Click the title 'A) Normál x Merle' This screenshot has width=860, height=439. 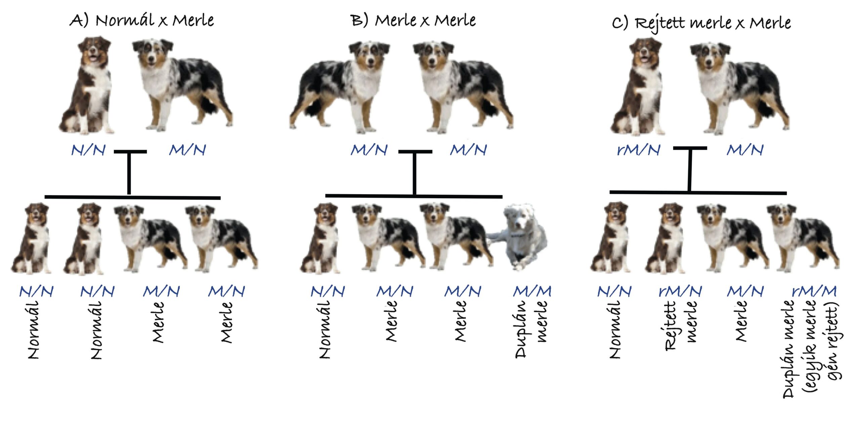click(141, 20)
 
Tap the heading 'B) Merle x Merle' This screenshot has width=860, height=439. click(413, 20)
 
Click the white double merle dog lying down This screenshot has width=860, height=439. click(517, 237)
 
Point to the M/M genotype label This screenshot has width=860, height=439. click(532, 291)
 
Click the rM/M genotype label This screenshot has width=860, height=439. click(814, 291)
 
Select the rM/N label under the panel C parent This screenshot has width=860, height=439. click(639, 150)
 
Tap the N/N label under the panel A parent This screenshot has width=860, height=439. click(88, 150)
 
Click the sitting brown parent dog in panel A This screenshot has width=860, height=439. click(87, 86)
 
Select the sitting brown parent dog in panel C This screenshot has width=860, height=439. click(638, 86)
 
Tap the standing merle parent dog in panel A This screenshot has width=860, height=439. click(182, 85)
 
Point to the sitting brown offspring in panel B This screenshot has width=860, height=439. click(321, 238)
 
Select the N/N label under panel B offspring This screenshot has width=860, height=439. click(328, 291)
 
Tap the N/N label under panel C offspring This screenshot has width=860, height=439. click(614, 291)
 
